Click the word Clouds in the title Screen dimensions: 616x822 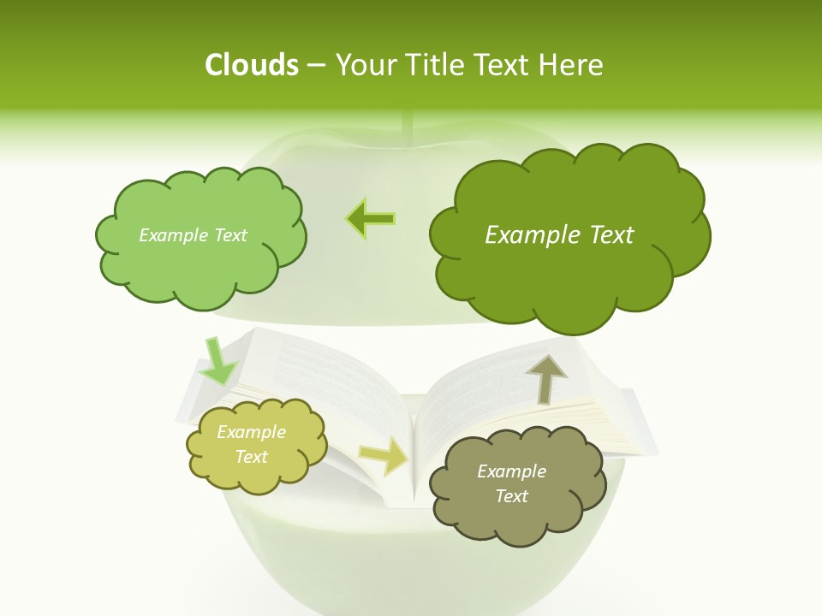(252, 65)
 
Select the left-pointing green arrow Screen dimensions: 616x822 (371, 219)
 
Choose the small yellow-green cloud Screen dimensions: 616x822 (256, 445)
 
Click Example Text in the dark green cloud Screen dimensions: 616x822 (559, 235)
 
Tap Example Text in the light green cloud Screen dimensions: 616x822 (193, 235)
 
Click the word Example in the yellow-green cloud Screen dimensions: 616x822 (251, 432)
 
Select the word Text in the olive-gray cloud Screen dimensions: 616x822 (511, 496)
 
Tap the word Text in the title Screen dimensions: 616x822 (499, 65)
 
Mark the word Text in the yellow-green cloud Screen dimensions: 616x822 (251, 457)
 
